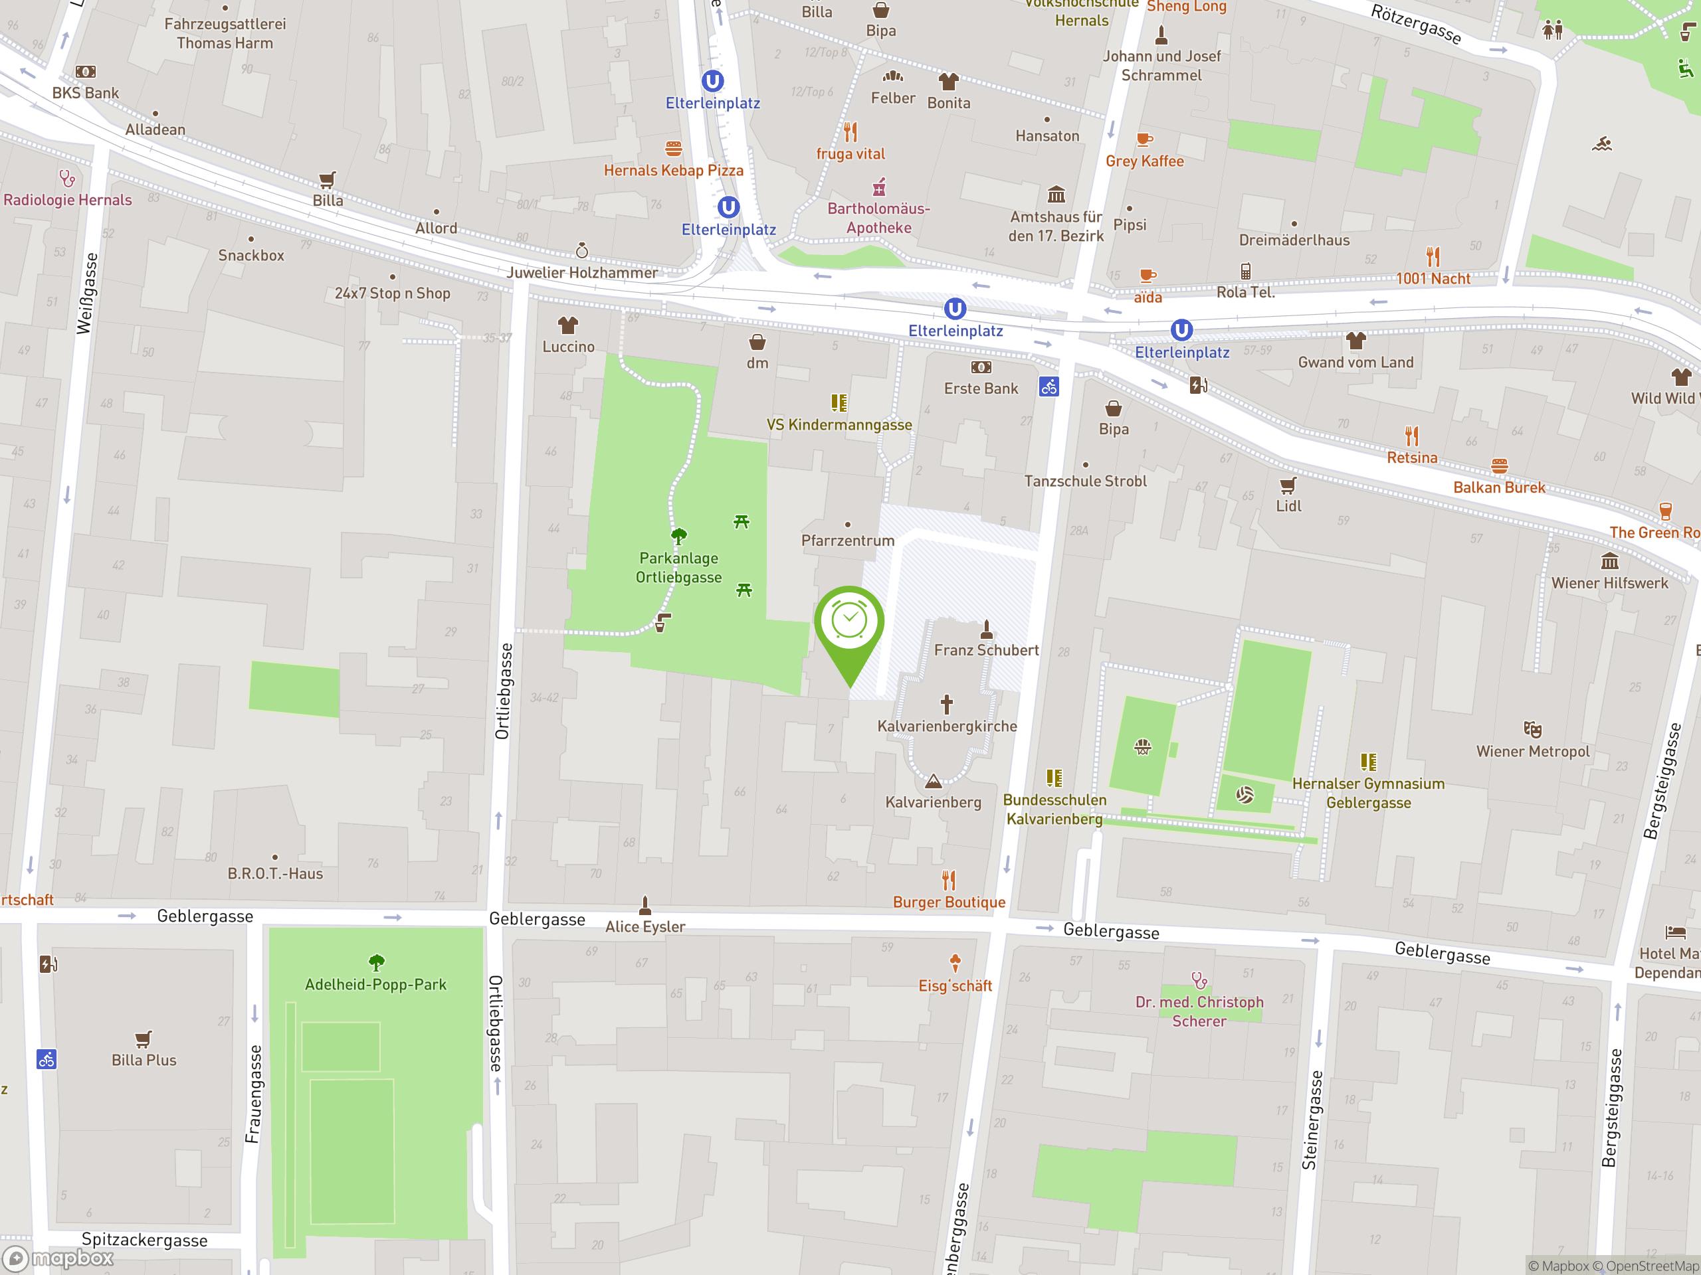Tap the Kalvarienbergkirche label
pyautogui.click(x=947, y=726)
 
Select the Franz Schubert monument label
pyautogui.click(x=986, y=650)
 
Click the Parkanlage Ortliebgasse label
pyautogui.click(x=678, y=567)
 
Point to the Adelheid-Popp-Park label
pyautogui.click(x=375, y=985)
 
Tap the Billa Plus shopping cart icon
pyautogui.click(x=143, y=1039)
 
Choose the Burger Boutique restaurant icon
pyautogui.click(x=949, y=880)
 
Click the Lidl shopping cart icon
pyautogui.click(x=1288, y=485)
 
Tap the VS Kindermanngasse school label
pyautogui.click(x=839, y=425)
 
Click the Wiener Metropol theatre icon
pyautogui.click(x=1532, y=728)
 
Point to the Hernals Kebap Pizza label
pyautogui.click(x=673, y=171)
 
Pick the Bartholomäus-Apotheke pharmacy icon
pyautogui.click(x=879, y=187)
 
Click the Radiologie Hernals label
pyautogui.click(x=68, y=200)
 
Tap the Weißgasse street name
pyautogui.click(x=88, y=294)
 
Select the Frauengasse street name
pyautogui.click(x=254, y=1094)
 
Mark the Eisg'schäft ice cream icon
pyautogui.click(x=955, y=963)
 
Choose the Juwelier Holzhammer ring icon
pyautogui.click(x=582, y=250)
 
